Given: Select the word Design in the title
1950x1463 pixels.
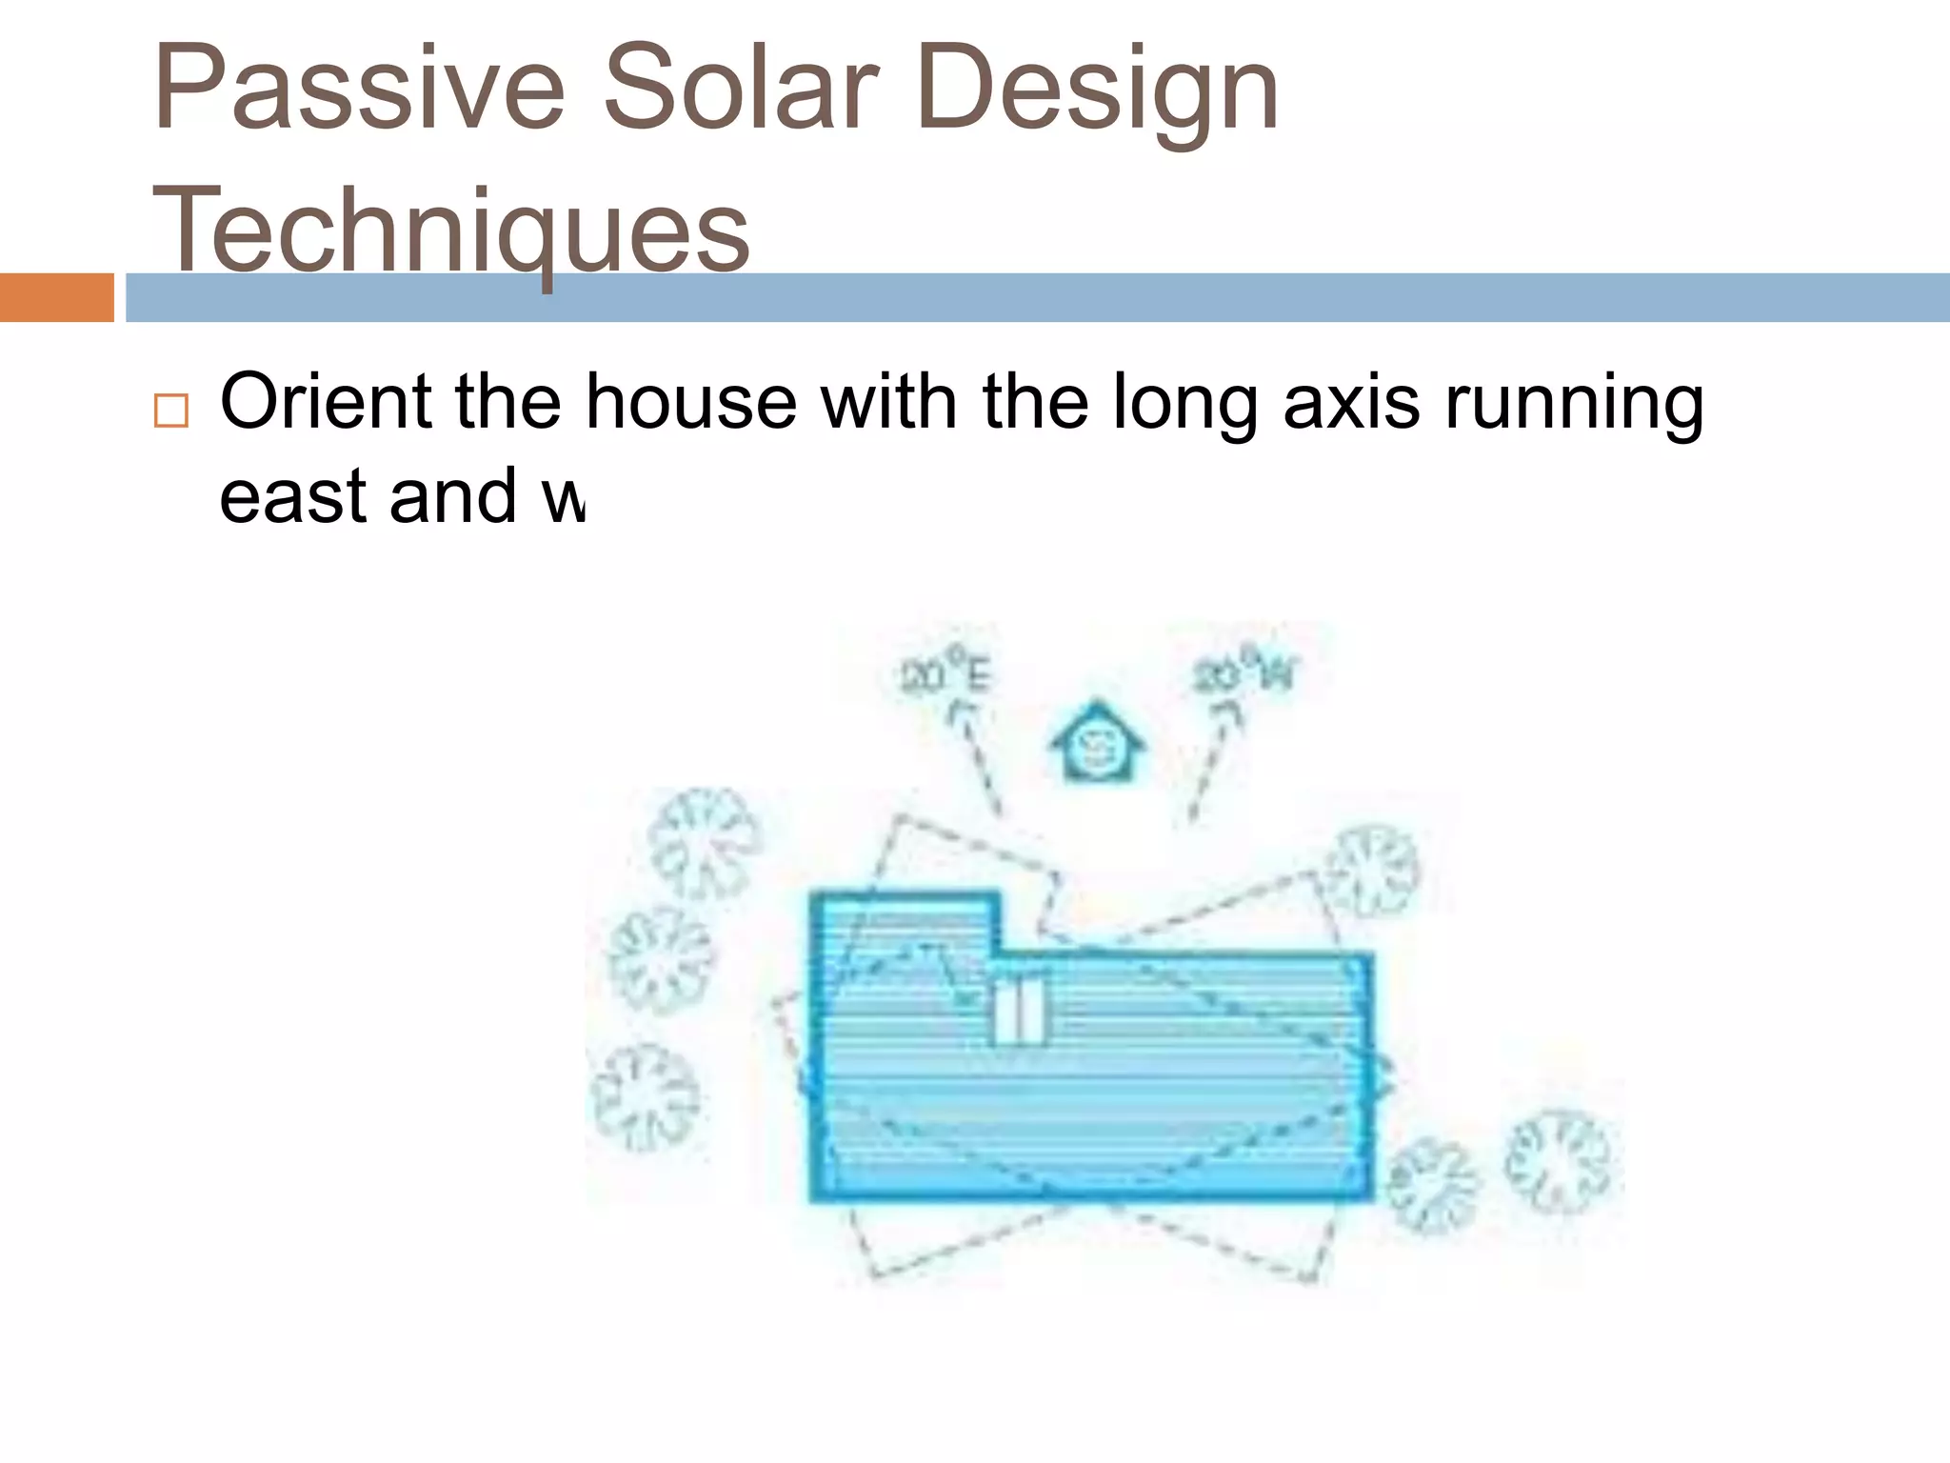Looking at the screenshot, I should (x=1096, y=90).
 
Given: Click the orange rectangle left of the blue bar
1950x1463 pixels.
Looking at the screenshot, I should (x=56, y=297).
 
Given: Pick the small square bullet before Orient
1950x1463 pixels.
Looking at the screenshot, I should (x=171, y=411).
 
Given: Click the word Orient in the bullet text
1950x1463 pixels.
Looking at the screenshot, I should (x=326, y=402).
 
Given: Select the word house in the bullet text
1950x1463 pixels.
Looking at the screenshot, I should (x=690, y=402).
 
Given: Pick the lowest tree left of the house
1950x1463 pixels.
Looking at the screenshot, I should (x=646, y=1097).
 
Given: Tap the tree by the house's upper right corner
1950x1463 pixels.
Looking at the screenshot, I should (x=1372, y=871).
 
